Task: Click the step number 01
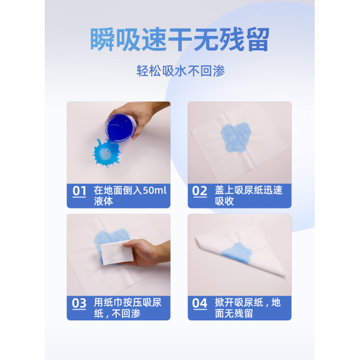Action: [x=79, y=191]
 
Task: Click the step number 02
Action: [x=200, y=191]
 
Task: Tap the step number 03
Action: [x=79, y=303]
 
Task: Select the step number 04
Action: [x=200, y=303]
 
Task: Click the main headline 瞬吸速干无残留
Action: [x=180, y=40]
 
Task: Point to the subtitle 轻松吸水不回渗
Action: [x=181, y=71]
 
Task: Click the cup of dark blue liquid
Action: [x=120, y=128]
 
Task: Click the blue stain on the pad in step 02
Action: [x=236, y=137]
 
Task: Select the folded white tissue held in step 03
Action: [x=117, y=253]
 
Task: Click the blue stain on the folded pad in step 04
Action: [x=237, y=254]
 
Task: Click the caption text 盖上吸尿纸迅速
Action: [x=248, y=191]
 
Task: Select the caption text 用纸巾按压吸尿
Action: [x=128, y=302]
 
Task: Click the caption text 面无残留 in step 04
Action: [x=234, y=314]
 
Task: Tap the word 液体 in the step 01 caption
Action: [x=103, y=202]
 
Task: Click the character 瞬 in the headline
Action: [x=102, y=40]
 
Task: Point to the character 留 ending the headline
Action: [x=258, y=40]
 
